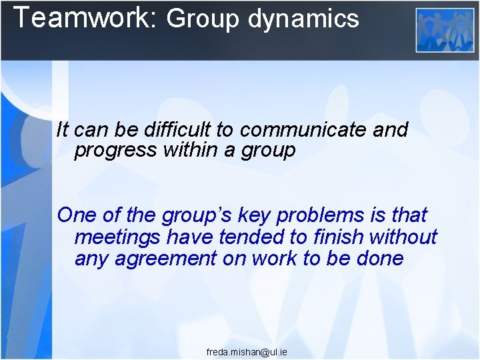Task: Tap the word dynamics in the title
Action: coord(303,19)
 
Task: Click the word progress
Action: coord(115,151)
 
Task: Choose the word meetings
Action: coord(117,237)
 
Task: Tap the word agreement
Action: coord(165,259)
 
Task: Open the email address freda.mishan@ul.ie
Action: coord(247,351)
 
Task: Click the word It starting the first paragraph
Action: coord(63,129)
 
